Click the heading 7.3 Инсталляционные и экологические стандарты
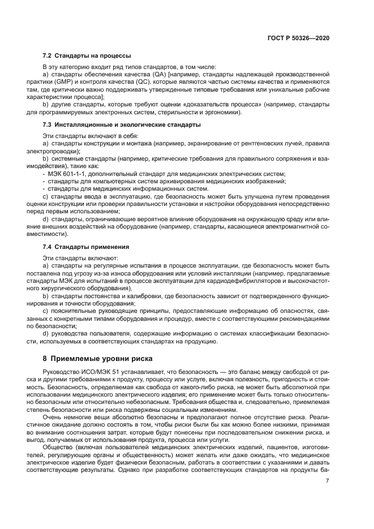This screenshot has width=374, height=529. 122,124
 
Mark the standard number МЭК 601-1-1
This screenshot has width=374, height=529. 66,173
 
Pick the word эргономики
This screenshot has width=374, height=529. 222,112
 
